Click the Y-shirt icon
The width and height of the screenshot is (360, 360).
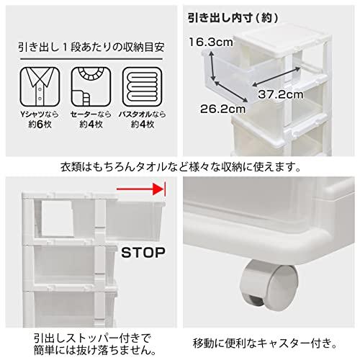tap(40, 89)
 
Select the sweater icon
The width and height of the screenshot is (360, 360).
tap(90, 89)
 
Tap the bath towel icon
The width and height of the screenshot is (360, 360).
tap(140, 89)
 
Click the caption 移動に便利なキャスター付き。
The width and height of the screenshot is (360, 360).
tap(269, 338)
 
